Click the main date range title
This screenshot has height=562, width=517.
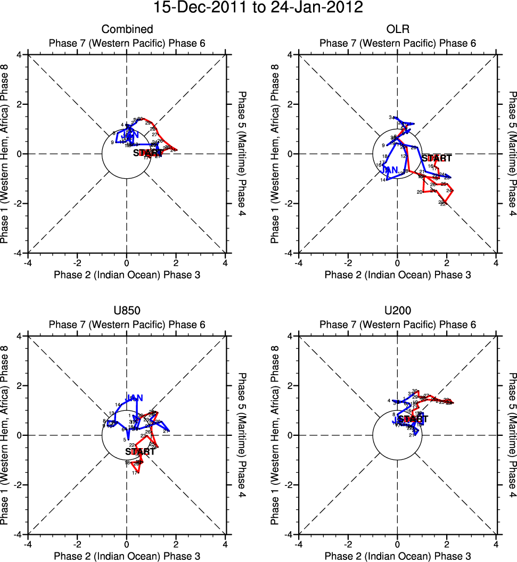click(x=258, y=9)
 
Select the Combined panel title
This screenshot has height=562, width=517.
click(x=127, y=29)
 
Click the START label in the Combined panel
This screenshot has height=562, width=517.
click(x=148, y=153)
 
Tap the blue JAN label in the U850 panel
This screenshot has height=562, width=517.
click(x=134, y=398)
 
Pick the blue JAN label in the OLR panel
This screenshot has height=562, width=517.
click(x=390, y=170)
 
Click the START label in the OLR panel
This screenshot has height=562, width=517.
click(x=437, y=158)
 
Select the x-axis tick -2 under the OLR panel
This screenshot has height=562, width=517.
click(x=348, y=262)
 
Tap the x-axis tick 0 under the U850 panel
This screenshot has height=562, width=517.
click(x=127, y=544)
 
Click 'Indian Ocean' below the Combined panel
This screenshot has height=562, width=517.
click(x=127, y=275)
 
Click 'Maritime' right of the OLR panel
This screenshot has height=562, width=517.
click(x=512, y=153)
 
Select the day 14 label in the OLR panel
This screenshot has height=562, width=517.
click(x=382, y=180)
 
